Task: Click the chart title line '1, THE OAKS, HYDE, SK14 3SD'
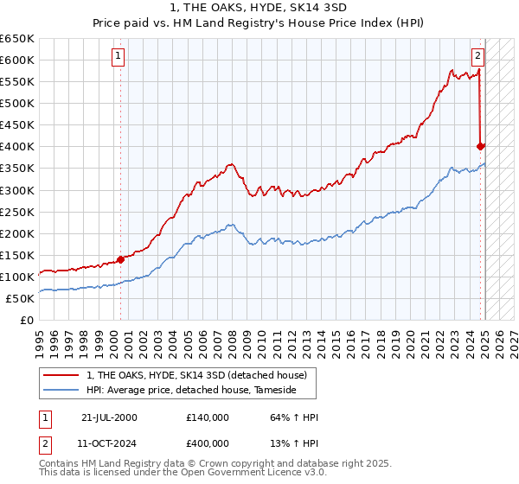click(x=259, y=8)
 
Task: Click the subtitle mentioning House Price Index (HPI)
click(x=259, y=23)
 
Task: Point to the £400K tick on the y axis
click(x=18, y=147)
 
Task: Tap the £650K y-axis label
click(x=18, y=39)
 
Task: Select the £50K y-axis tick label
click(x=22, y=298)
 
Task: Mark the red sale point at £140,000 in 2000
click(x=121, y=259)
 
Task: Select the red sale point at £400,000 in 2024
click(x=481, y=146)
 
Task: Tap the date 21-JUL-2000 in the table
click(x=109, y=417)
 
